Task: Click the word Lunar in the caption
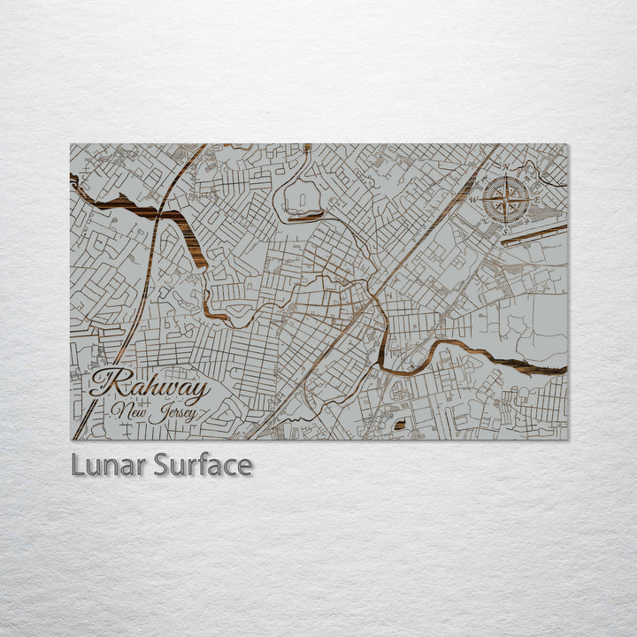(108, 465)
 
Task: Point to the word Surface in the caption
(203, 465)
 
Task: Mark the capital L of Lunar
(77, 465)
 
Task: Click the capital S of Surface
(162, 465)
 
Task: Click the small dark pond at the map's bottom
(399, 426)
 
